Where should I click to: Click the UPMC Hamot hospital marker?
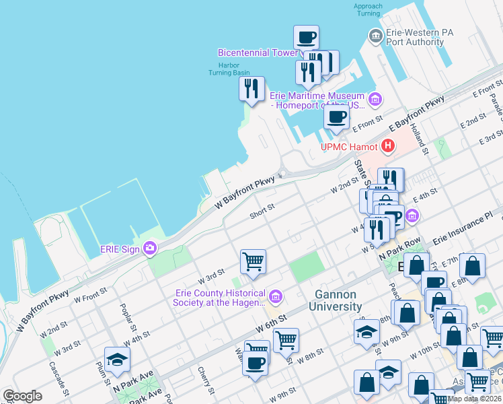(x=388, y=145)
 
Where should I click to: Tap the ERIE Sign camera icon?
(x=149, y=248)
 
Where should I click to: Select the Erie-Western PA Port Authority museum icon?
(x=375, y=35)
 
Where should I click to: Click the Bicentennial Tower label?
(x=258, y=53)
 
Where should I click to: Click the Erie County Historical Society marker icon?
(x=275, y=296)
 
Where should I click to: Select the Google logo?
(x=22, y=396)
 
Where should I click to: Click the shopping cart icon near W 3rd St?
(x=253, y=261)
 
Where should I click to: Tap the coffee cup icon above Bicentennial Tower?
(x=306, y=37)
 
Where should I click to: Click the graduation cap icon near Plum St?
(x=117, y=359)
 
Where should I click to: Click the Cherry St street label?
(x=205, y=380)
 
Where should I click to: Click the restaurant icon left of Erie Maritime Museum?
(x=252, y=88)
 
